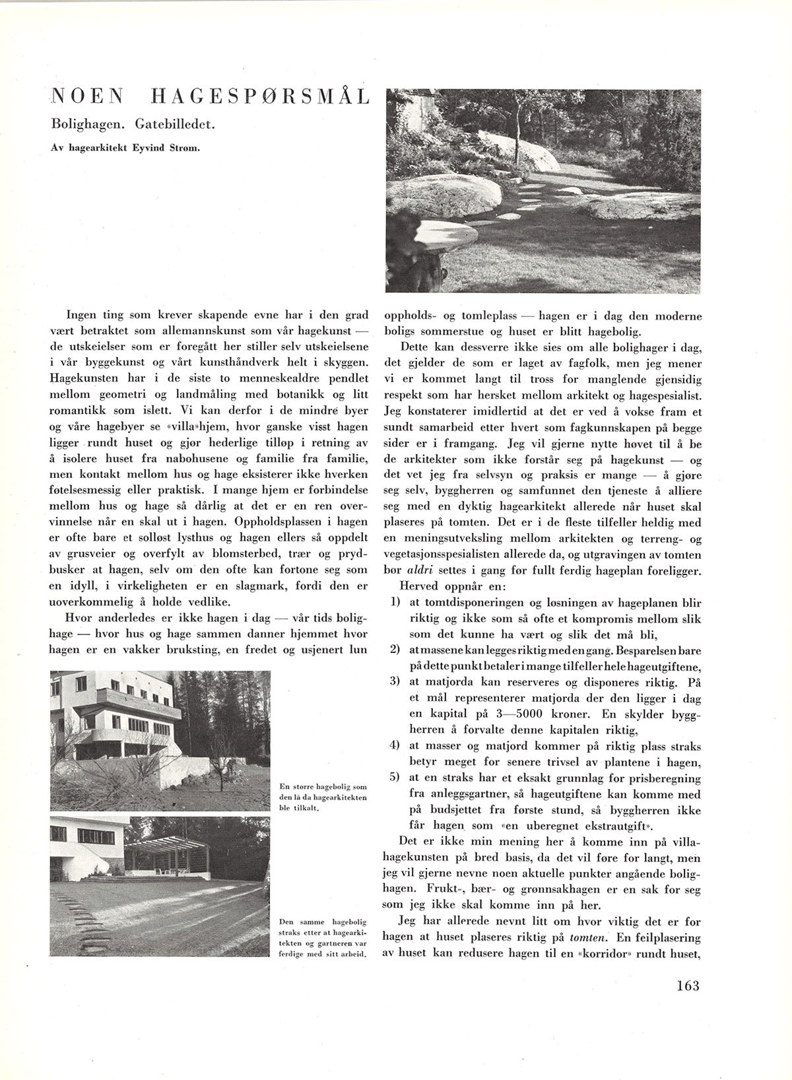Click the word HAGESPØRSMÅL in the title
point(259,98)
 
